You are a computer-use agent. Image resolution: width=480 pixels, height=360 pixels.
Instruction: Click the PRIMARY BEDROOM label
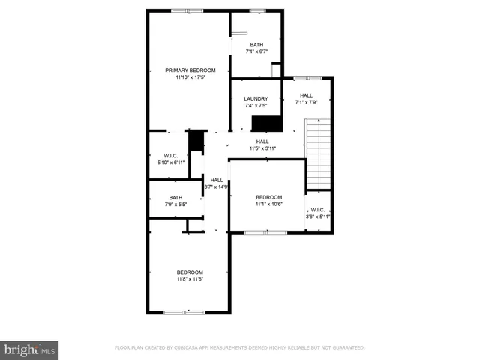pos(185,70)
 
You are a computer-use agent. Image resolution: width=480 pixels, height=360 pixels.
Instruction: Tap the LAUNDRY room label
pos(256,98)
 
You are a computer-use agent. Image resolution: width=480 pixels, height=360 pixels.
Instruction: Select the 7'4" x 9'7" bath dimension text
pos(256,52)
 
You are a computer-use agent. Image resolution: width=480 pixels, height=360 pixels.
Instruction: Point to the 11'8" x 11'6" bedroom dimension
pos(190,279)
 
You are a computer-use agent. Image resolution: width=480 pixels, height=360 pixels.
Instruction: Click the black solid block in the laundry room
pos(265,124)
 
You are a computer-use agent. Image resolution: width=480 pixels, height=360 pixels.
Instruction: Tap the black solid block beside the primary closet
pos(196,140)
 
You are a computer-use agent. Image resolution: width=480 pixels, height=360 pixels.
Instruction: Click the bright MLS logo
pos(29,349)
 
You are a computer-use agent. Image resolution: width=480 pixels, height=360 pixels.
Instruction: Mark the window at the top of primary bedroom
pos(187,10)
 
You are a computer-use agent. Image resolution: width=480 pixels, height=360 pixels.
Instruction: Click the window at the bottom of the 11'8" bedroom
pos(184,311)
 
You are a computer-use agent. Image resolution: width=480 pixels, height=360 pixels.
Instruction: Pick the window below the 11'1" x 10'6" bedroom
pos(265,232)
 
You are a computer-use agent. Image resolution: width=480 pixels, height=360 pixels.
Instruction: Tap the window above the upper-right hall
pos(307,77)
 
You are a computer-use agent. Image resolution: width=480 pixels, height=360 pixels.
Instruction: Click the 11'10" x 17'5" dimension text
pos(185,76)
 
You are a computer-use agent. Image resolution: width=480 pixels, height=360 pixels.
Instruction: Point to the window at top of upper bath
pos(257,10)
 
